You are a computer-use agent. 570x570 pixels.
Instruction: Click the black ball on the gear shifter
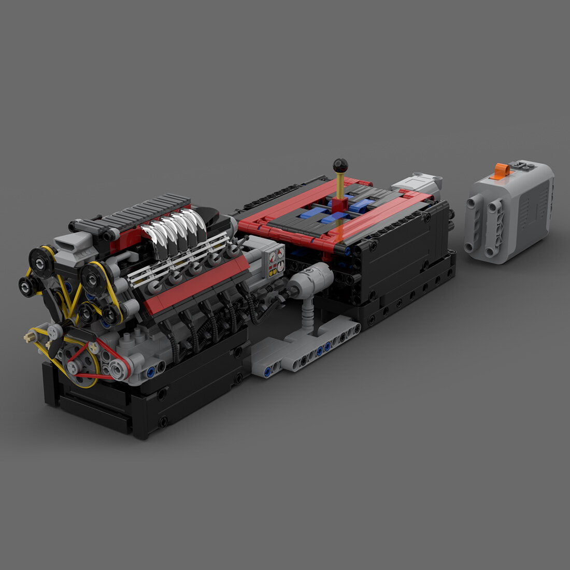pyautogui.click(x=340, y=165)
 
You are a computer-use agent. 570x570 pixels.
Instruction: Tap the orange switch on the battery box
pyautogui.click(x=501, y=170)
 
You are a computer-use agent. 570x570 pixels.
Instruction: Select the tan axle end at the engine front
pyautogui.click(x=27, y=337)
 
